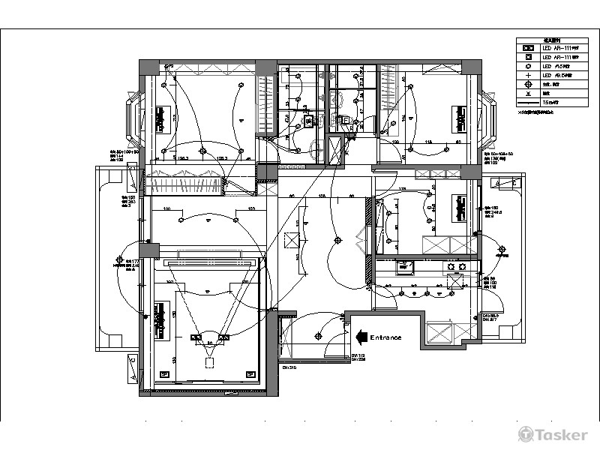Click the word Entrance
click(385, 337)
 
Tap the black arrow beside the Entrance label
click(360, 337)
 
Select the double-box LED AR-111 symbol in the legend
click(528, 48)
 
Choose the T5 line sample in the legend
click(528, 103)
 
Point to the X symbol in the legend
click(528, 94)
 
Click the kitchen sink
click(406, 265)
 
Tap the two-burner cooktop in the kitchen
click(454, 265)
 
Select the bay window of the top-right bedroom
click(487, 118)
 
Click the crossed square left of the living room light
click(291, 240)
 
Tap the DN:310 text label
click(289, 368)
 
